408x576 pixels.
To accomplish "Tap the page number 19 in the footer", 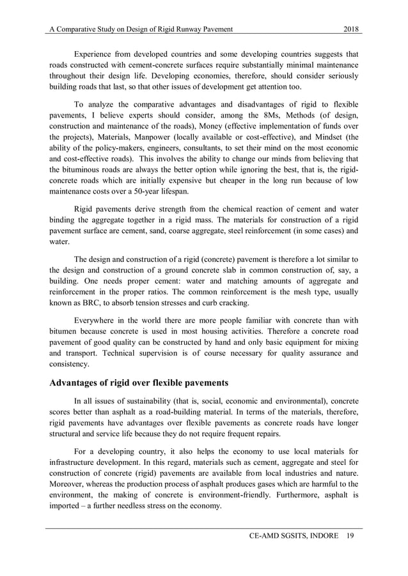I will (x=352, y=535).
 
